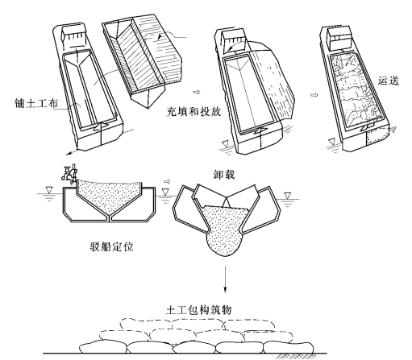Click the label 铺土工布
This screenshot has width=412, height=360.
(36, 103)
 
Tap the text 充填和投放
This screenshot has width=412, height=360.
(194, 111)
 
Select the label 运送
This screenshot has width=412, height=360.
(389, 81)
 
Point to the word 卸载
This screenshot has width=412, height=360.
(224, 175)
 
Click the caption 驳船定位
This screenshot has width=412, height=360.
(111, 246)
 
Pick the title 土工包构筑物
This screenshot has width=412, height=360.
(198, 310)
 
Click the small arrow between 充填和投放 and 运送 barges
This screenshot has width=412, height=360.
(314, 95)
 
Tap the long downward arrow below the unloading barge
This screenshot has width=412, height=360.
(225, 279)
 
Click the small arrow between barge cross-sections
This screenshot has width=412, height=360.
(167, 182)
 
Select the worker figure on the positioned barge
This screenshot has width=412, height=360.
(70, 175)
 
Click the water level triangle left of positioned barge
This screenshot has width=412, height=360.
(49, 190)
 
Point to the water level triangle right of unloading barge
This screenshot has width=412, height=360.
(288, 196)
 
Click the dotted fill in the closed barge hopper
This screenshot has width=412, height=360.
(109, 195)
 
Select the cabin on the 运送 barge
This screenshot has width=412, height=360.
(339, 37)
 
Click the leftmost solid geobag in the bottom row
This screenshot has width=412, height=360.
(103, 346)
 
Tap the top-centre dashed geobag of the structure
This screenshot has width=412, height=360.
(198, 324)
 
